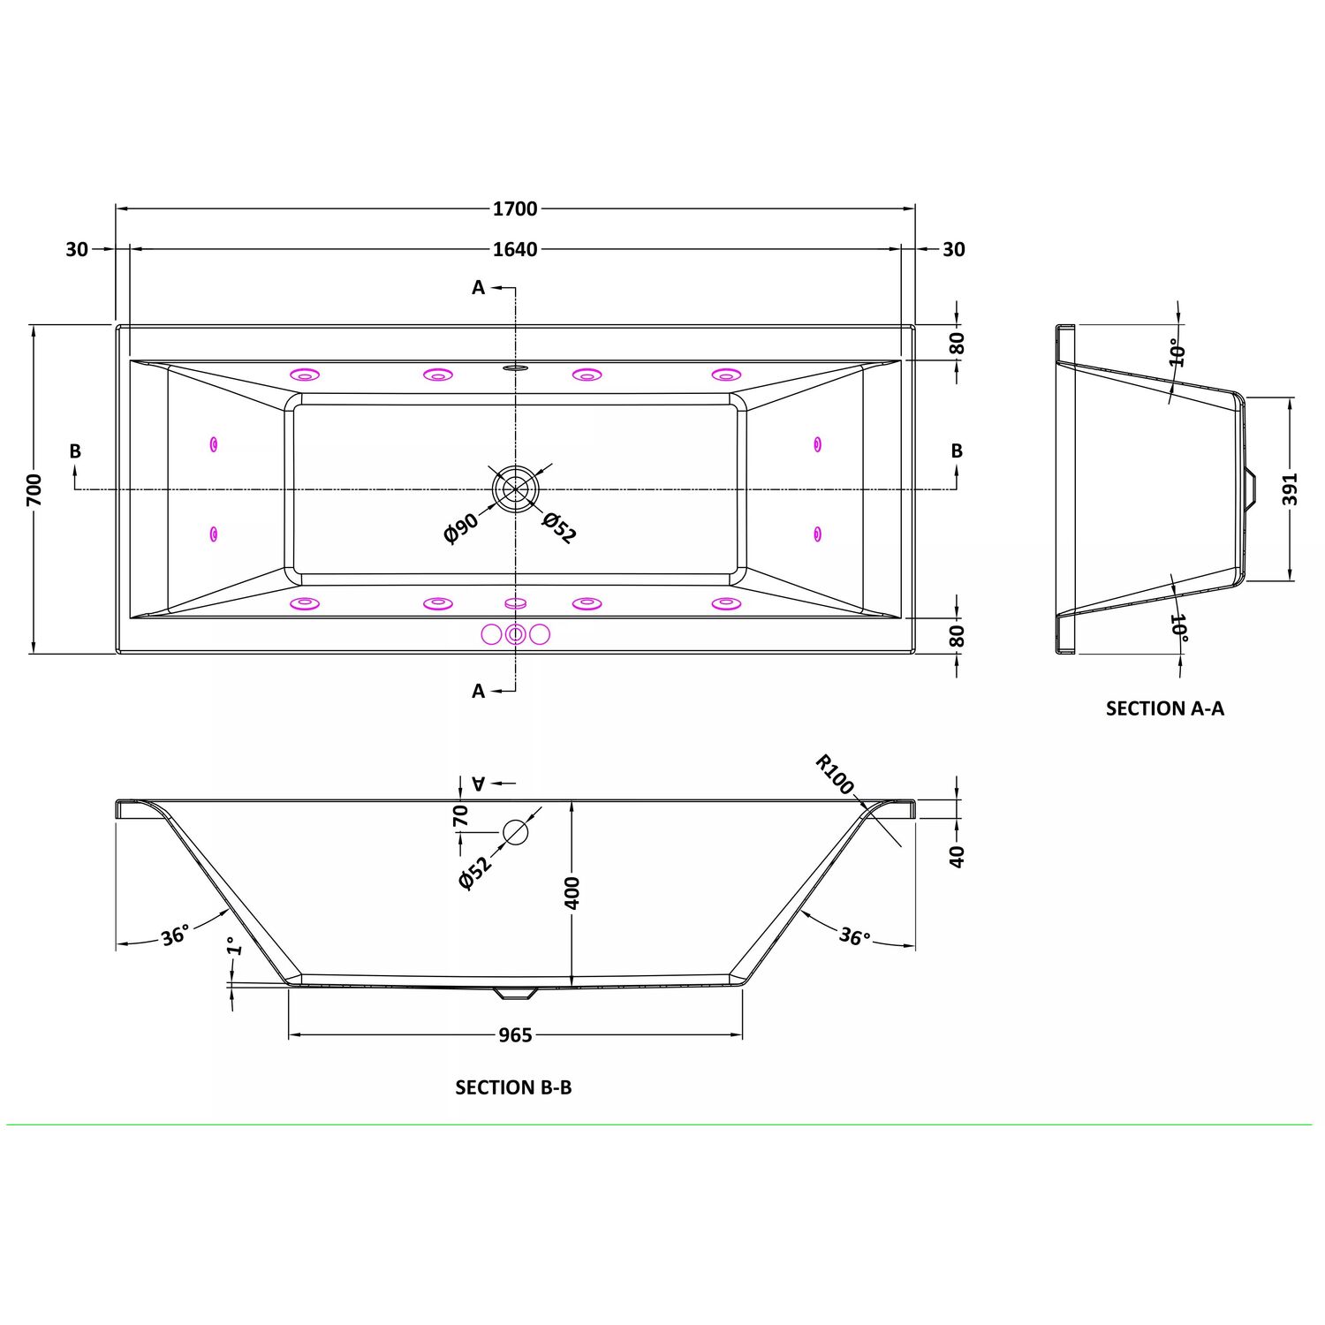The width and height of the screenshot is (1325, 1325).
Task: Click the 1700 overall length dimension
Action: [515, 208]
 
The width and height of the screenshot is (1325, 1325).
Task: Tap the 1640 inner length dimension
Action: [515, 249]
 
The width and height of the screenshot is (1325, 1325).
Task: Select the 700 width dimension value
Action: [34, 489]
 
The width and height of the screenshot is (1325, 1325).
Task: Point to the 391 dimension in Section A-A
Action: [1291, 489]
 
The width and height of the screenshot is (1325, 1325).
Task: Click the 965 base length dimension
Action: [515, 1034]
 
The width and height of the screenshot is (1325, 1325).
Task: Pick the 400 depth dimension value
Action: [572, 893]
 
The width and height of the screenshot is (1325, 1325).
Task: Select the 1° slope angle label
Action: [233, 946]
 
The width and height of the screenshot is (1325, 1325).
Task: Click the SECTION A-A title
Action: [1165, 708]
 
